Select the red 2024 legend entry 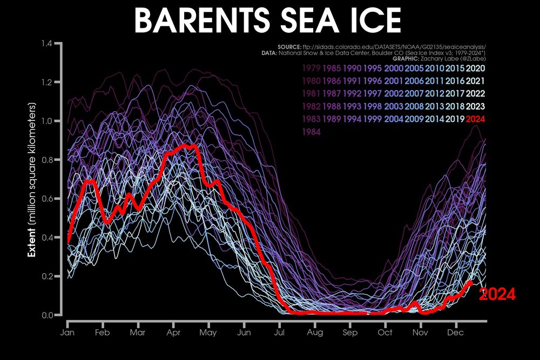coord(476,118)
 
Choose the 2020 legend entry coord(476,69)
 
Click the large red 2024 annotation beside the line coord(497,295)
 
